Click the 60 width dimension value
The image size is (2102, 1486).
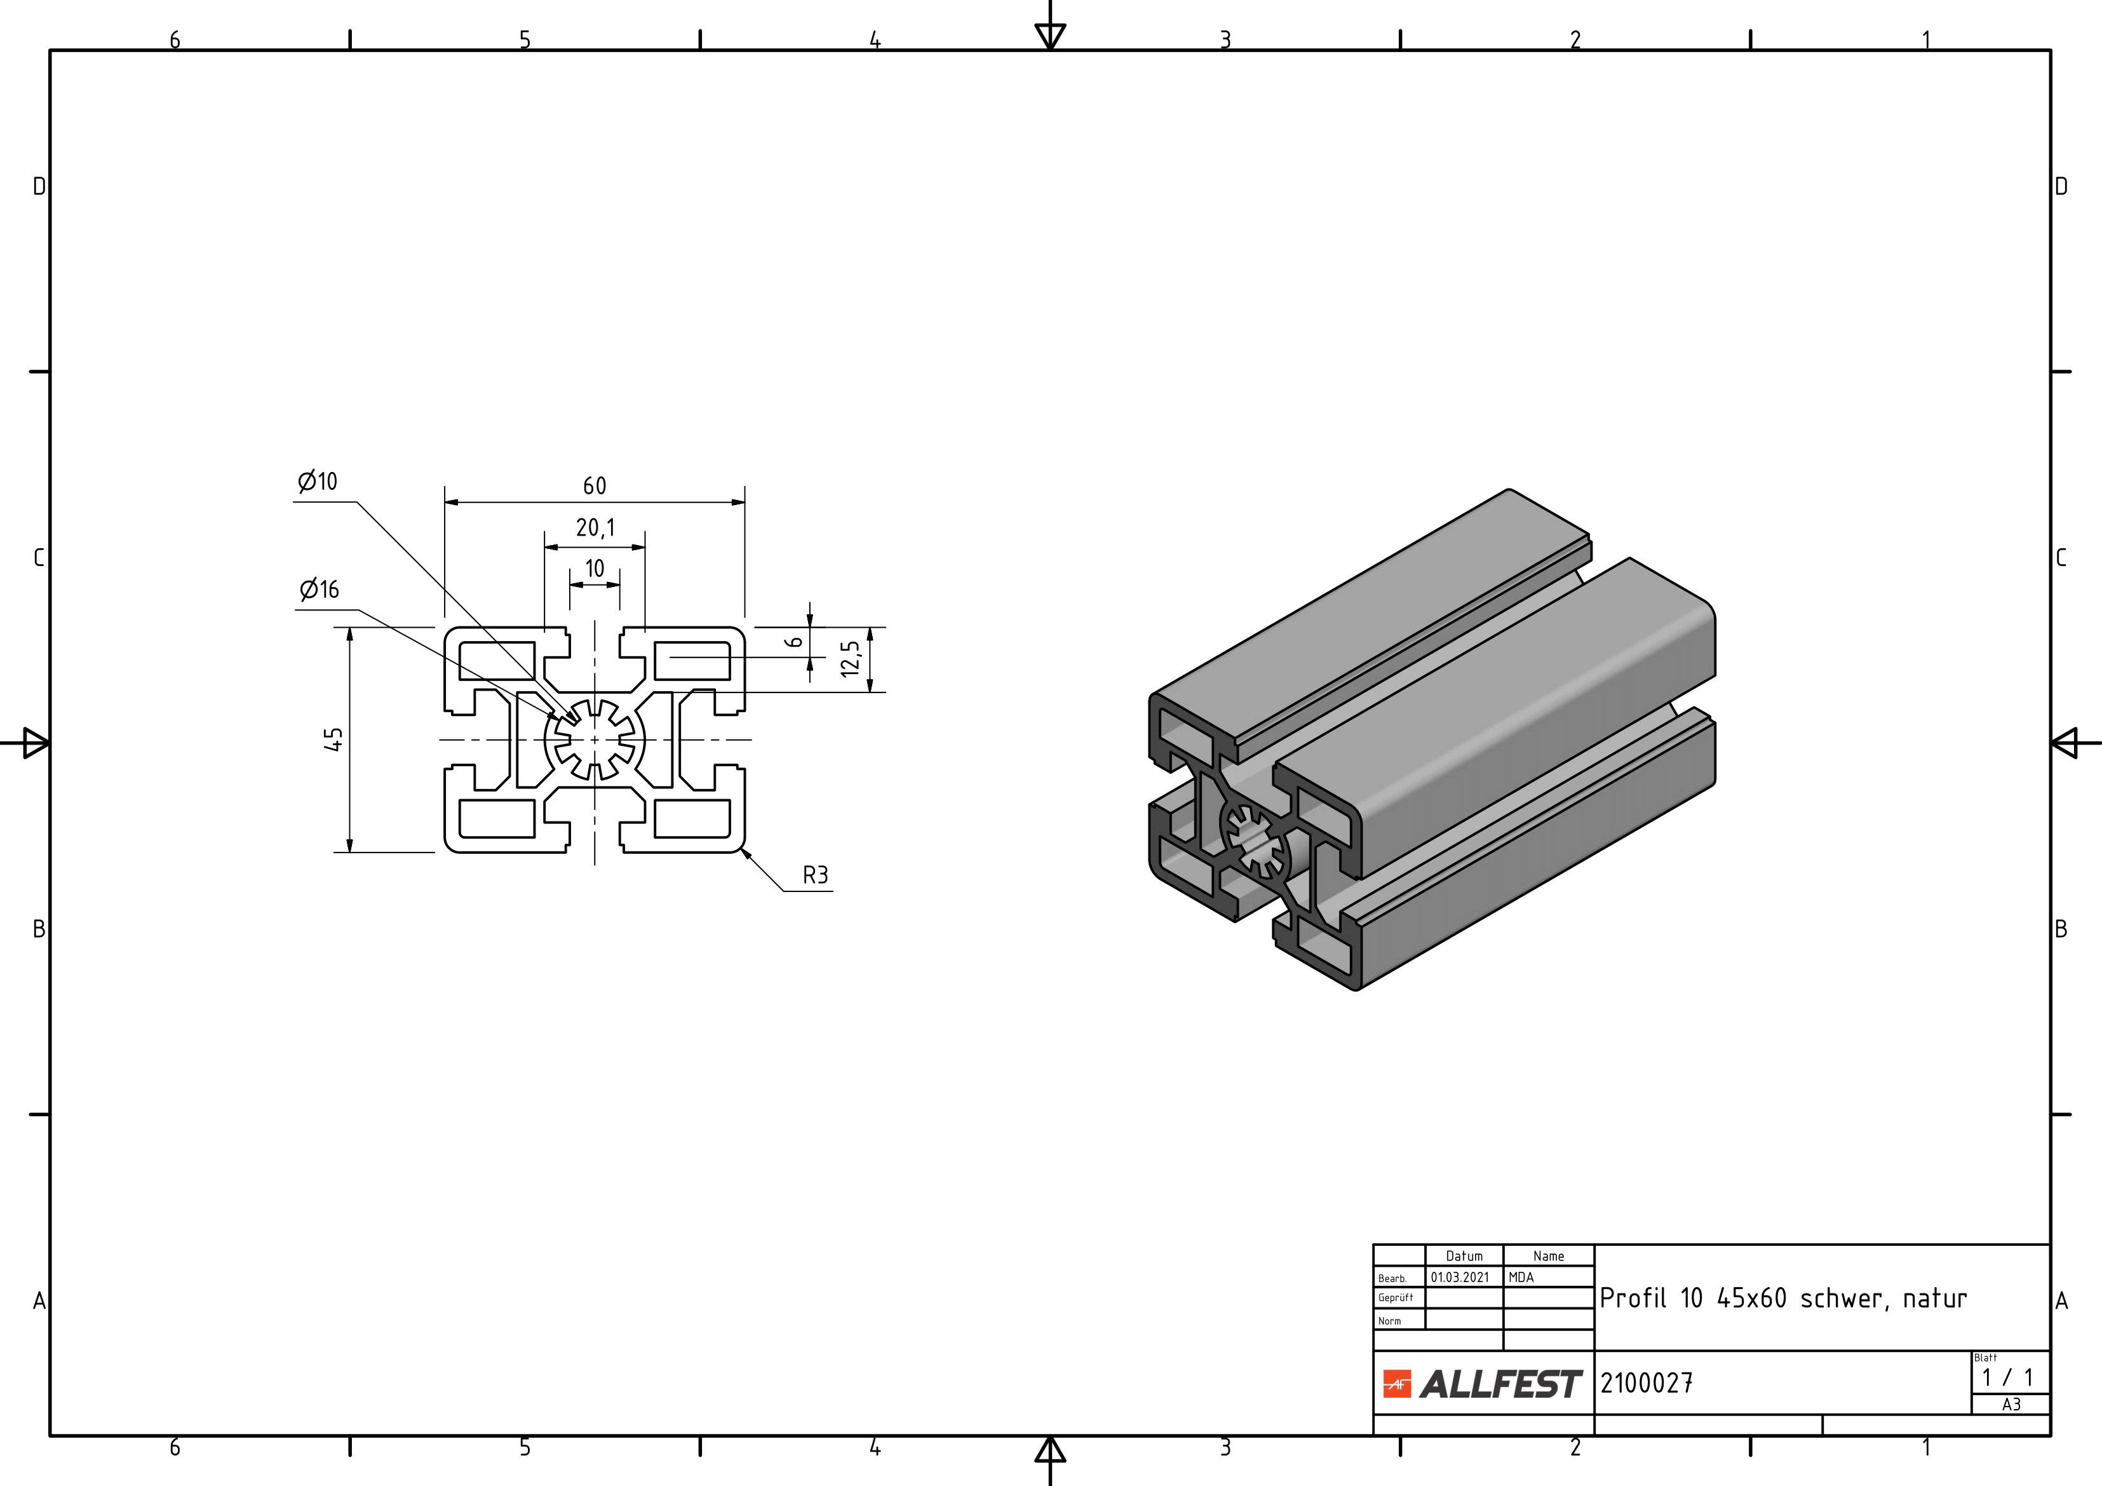click(x=594, y=486)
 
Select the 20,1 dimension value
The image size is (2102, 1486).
click(x=595, y=529)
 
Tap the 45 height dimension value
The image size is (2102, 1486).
click(x=333, y=739)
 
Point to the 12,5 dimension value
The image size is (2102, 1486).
click(x=851, y=658)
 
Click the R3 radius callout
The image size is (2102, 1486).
click(x=815, y=875)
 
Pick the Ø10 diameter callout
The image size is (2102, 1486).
click(x=318, y=482)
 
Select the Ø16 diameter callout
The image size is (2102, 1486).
click(x=320, y=590)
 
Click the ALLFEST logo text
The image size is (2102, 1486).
click(x=1500, y=1384)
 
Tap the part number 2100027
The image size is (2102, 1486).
click(x=1646, y=1382)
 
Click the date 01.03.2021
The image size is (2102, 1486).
click(x=1460, y=1277)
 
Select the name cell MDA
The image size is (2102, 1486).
click(x=1521, y=1277)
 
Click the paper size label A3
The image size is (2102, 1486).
click(x=2011, y=1405)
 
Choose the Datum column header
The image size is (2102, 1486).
click(x=1464, y=1256)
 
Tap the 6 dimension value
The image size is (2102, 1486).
click(x=795, y=642)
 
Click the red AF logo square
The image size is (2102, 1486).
click(x=1397, y=1384)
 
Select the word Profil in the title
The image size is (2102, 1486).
click(x=1633, y=1299)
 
